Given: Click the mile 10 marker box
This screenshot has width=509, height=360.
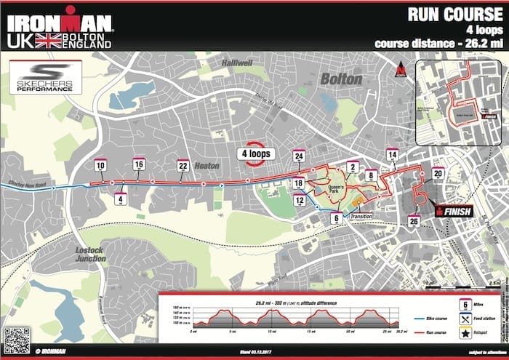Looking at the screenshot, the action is (x=100, y=166).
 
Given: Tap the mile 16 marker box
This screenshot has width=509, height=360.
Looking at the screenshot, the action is (x=139, y=165).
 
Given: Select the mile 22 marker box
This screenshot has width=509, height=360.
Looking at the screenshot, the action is (x=183, y=166).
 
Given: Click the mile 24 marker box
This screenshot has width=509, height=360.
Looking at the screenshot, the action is (x=298, y=156).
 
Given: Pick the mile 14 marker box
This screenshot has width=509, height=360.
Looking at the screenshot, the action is (x=393, y=155).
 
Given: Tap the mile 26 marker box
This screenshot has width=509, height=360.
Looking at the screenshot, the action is (x=413, y=220).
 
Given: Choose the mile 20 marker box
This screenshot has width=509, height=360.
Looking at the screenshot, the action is (x=438, y=174).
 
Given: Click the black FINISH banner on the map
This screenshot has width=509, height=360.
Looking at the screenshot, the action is (x=454, y=212).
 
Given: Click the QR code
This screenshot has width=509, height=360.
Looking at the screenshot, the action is (x=16, y=339).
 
